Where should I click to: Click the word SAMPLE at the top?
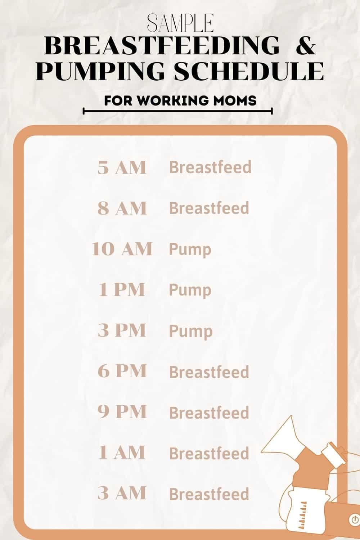(x=180, y=24)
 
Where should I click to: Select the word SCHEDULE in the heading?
(x=249, y=71)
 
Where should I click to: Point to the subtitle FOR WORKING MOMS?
(x=180, y=100)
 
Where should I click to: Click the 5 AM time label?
(x=122, y=168)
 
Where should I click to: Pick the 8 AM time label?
(x=122, y=208)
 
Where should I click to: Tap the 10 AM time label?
(x=122, y=249)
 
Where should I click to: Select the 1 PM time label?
(x=122, y=290)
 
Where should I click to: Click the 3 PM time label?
(x=122, y=330)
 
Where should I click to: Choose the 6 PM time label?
(x=122, y=371)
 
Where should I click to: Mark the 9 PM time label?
(x=122, y=412)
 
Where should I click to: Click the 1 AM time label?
(x=122, y=453)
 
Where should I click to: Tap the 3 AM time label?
(x=122, y=493)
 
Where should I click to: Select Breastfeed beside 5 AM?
(x=210, y=168)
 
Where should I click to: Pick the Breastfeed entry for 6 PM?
(x=209, y=372)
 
